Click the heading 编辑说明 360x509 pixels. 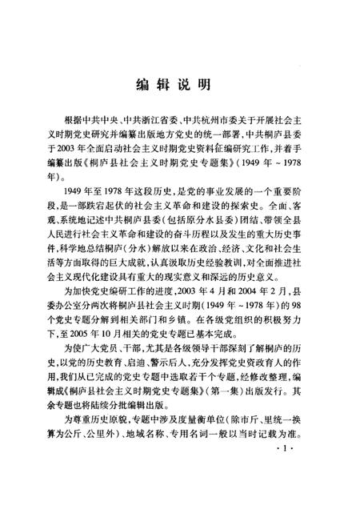click(x=179, y=82)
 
